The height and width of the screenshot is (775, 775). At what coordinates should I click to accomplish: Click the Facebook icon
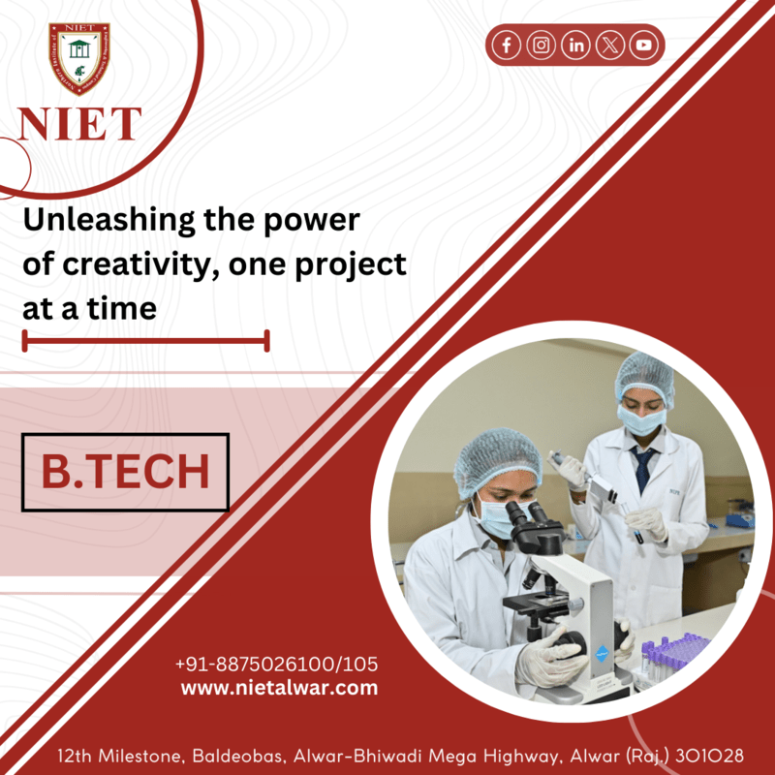pyautogui.click(x=507, y=45)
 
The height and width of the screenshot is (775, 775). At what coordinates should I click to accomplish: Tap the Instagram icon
pyautogui.click(x=542, y=45)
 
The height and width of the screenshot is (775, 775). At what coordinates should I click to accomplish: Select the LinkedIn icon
pyautogui.click(x=575, y=45)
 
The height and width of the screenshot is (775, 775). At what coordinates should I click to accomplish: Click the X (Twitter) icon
pyautogui.click(x=610, y=45)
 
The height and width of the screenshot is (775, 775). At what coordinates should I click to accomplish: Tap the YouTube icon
pyautogui.click(x=644, y=45)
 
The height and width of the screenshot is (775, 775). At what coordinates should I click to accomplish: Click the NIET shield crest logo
pyautogui.click(x=79, y=58)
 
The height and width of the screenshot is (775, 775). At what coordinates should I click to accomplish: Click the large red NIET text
pyautogui.click(x=79, y=124)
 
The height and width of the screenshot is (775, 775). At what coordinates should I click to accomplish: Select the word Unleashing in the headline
pyautogui.click(x=108, y=221)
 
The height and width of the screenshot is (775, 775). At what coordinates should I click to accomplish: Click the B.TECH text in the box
pyautogui.click(x=126, y=472)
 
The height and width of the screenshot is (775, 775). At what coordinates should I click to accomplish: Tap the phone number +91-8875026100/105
pyautogui.click(x=277, y=665)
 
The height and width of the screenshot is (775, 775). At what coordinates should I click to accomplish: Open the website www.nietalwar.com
pyautogui.click(x=279, y=688)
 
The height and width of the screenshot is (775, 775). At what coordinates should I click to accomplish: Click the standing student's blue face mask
pyautogui.click(x=641, y=420)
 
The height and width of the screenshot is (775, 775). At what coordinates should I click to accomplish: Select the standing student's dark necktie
pyautogui.click(x=643, y=469)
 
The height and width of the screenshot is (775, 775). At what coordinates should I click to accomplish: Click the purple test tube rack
pyautogui.click(x=673, y=652)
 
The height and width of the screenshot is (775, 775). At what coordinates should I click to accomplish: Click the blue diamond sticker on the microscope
pyautogui.click(x=602, y=653)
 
